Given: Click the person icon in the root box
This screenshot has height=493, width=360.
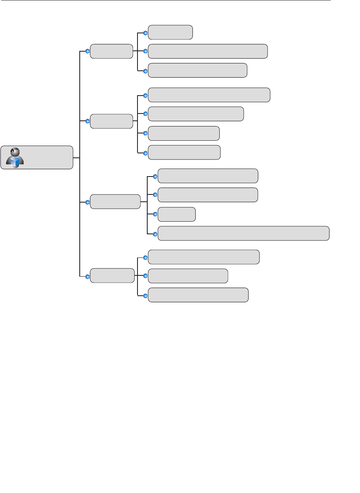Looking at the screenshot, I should (15, 157).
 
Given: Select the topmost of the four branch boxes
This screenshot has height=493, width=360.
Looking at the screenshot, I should (111, 51).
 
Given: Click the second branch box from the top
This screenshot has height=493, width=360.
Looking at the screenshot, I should (111, 121).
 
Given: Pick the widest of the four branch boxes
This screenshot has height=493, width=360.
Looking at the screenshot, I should (115, 202).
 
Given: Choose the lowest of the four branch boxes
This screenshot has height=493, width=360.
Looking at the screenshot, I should (112, 276).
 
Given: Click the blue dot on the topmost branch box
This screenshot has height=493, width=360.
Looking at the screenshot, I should (87, 51).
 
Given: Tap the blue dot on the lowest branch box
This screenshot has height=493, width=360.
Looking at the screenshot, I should (87, 276).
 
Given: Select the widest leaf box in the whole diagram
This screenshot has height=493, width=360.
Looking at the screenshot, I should (243, 233).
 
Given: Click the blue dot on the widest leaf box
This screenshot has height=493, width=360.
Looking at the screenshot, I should (155, 234).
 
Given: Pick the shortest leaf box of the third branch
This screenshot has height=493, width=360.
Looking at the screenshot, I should (177, 214).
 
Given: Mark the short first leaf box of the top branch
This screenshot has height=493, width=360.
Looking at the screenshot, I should (170, 32).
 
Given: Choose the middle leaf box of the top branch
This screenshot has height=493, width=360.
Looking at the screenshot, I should (208, 51).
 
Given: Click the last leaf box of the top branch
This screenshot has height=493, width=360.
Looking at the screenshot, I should (198, 70).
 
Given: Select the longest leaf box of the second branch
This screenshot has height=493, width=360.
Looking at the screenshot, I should (209, 95).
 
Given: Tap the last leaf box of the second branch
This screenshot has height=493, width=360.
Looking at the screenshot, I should (184, 153).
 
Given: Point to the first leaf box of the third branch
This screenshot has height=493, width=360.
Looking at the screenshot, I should (208, 176).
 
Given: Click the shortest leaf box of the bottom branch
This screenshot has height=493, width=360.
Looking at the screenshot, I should (188, 276).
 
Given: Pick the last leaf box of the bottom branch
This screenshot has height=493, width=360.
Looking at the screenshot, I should (198, 295).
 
